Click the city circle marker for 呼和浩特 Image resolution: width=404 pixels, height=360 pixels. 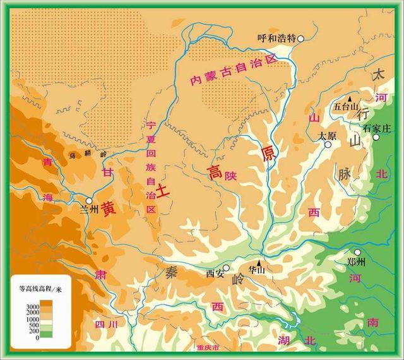point(301,39)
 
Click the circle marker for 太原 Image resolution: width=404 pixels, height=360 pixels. point(328,145)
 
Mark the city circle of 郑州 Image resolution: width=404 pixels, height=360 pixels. point(357,252)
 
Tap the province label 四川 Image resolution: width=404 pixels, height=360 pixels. point(105,325)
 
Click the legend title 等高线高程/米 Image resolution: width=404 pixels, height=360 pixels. point(40,289)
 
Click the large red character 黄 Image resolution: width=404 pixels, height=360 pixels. point(109,207)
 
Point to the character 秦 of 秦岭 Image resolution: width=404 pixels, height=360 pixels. point(172,273)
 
